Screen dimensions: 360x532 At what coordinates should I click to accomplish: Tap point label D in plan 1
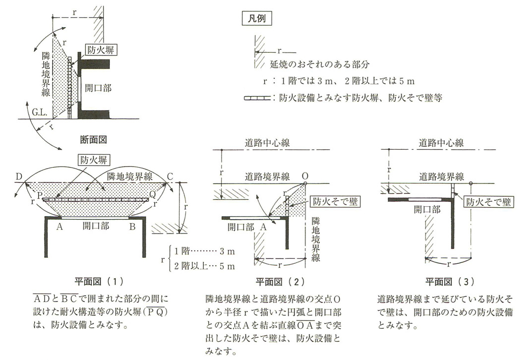click(x=18, y=177)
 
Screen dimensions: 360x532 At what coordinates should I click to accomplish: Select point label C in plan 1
click(x=170, y=177)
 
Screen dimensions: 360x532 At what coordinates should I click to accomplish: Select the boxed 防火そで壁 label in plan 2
click(x=334, y=202)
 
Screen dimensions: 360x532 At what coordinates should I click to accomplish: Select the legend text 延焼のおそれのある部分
click(x=320, y=65)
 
